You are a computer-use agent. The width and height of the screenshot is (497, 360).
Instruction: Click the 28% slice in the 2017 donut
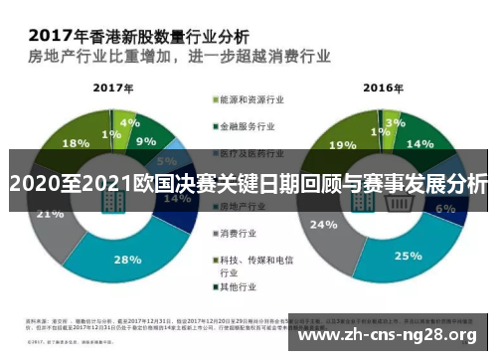pos(127,260)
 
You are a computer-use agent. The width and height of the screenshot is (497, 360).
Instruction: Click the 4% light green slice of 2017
pos(125,124)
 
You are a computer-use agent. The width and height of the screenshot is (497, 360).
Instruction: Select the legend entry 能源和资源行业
pos(248,99)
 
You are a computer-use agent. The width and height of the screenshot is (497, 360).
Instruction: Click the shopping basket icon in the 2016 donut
pos(383,202)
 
